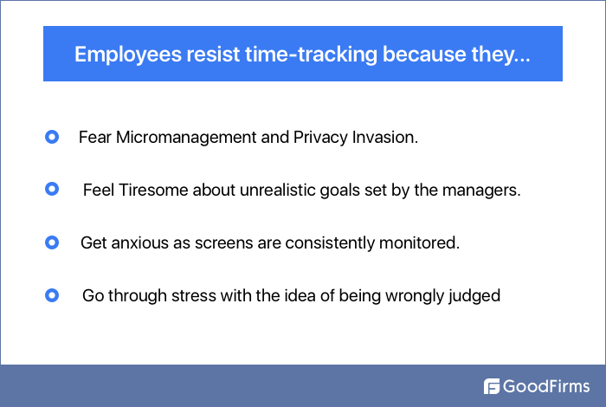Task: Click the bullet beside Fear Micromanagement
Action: pyautogui.click(x=51, y=137)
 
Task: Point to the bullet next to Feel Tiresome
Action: pyautogui.click(x=51, y=189)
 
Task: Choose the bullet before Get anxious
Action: pyautogui.click(x=51, y=242)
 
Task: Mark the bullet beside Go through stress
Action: pyautogui.click(x=51, y=295)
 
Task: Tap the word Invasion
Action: pyautogui.click(x=386, y=138)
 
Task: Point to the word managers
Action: pyautogui.click(x=487, y=191)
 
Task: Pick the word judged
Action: pyautogui.click(x=475, y=296)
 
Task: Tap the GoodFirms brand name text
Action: pyautogui.click(x=547, y=386)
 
